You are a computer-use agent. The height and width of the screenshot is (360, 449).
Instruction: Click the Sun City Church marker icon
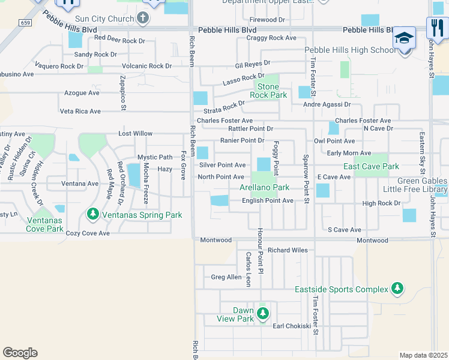tap(143, 19)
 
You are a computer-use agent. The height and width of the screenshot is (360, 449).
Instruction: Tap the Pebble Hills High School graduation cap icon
tap(405, 38)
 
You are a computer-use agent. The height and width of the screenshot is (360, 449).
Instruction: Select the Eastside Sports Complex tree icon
tap(397, 289)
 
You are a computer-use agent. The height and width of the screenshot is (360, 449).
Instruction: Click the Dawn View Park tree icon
tap(262, 313)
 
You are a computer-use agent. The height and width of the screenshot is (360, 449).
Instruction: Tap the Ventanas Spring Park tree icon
tap(92, 214)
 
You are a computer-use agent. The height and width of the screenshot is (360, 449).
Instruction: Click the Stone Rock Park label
tap(268, 91)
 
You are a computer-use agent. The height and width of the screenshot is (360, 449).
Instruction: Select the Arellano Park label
tap(268, 188)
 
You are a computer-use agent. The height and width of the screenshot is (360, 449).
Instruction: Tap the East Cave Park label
tap(371, 166)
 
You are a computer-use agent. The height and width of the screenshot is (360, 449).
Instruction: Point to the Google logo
tap(20, 352)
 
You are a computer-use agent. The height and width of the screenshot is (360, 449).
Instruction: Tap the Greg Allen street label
tap(226, 277)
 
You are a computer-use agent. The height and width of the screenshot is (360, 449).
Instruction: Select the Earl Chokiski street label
tap(292, 326)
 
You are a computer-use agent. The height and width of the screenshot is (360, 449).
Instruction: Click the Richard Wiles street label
tap(288, 250)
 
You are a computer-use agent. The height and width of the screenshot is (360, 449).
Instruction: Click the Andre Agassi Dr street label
tap(326, 104)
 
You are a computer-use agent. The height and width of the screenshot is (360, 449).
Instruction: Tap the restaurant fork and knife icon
tap(436, 27)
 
